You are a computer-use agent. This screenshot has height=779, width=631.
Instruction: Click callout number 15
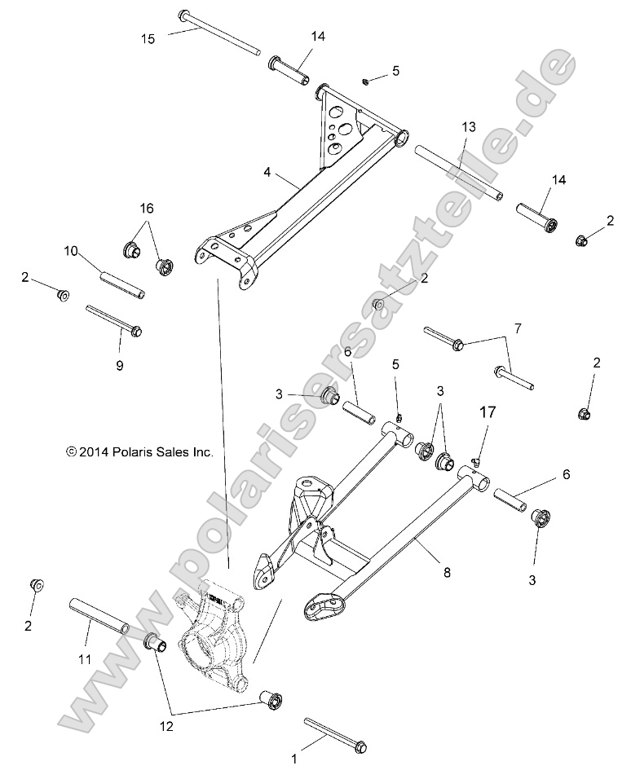[147, 37]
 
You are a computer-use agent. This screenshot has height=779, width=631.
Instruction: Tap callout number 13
[468, 127]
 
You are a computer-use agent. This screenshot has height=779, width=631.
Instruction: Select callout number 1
[294, 759]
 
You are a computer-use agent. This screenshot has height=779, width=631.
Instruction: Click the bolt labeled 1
[335, 734]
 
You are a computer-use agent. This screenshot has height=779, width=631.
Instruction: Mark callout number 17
[487, 413]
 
